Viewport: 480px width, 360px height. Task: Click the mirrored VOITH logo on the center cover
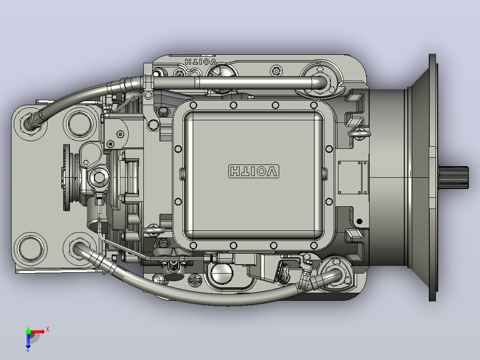tap(254, 171)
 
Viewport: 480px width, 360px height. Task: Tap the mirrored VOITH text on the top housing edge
tap(201, 61)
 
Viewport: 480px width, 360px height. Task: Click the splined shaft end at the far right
tap(453, 177)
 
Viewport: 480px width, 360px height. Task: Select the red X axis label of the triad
tap(48, 330)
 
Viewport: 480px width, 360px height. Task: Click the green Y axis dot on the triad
tap(28, 331)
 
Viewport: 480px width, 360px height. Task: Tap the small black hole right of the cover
tap(359, 221)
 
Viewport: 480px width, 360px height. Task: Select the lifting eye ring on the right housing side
tap(359, 134)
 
